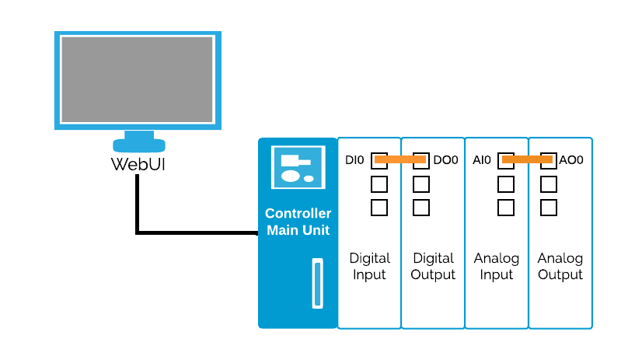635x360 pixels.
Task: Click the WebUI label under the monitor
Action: click(x=138, y=164)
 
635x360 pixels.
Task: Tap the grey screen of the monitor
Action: click(x=138, y=79)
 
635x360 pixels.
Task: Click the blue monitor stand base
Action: click(x=139, y=145)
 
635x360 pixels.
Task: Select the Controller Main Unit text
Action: click(x=298, y=222)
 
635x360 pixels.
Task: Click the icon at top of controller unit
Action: click(x=298, y=167)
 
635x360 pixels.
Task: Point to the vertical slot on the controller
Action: click(x=317, y=283)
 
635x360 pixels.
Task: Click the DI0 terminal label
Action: click(x=354, y=160)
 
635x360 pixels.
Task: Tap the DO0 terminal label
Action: click(x=445, y=160)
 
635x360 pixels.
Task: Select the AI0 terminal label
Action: click(x=482, y=160)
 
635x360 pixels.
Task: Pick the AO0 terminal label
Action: click(x=571, y=160)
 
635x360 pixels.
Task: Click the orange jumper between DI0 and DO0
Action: click(x=400, y=160)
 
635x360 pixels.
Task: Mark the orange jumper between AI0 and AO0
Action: click(x=527, y=160)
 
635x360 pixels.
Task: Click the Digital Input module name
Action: click(x=369, y=266)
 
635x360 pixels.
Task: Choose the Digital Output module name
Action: click(x=433, y=266)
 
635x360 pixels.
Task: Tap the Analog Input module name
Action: click(x=497, y=266)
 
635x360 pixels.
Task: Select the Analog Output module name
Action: click(x=560, y=266)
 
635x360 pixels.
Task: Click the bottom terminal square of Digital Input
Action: click(x=379, y=208)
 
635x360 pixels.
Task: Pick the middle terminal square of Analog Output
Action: click(x=548, y=184)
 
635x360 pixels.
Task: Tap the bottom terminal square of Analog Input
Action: click(x=506, y=208)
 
